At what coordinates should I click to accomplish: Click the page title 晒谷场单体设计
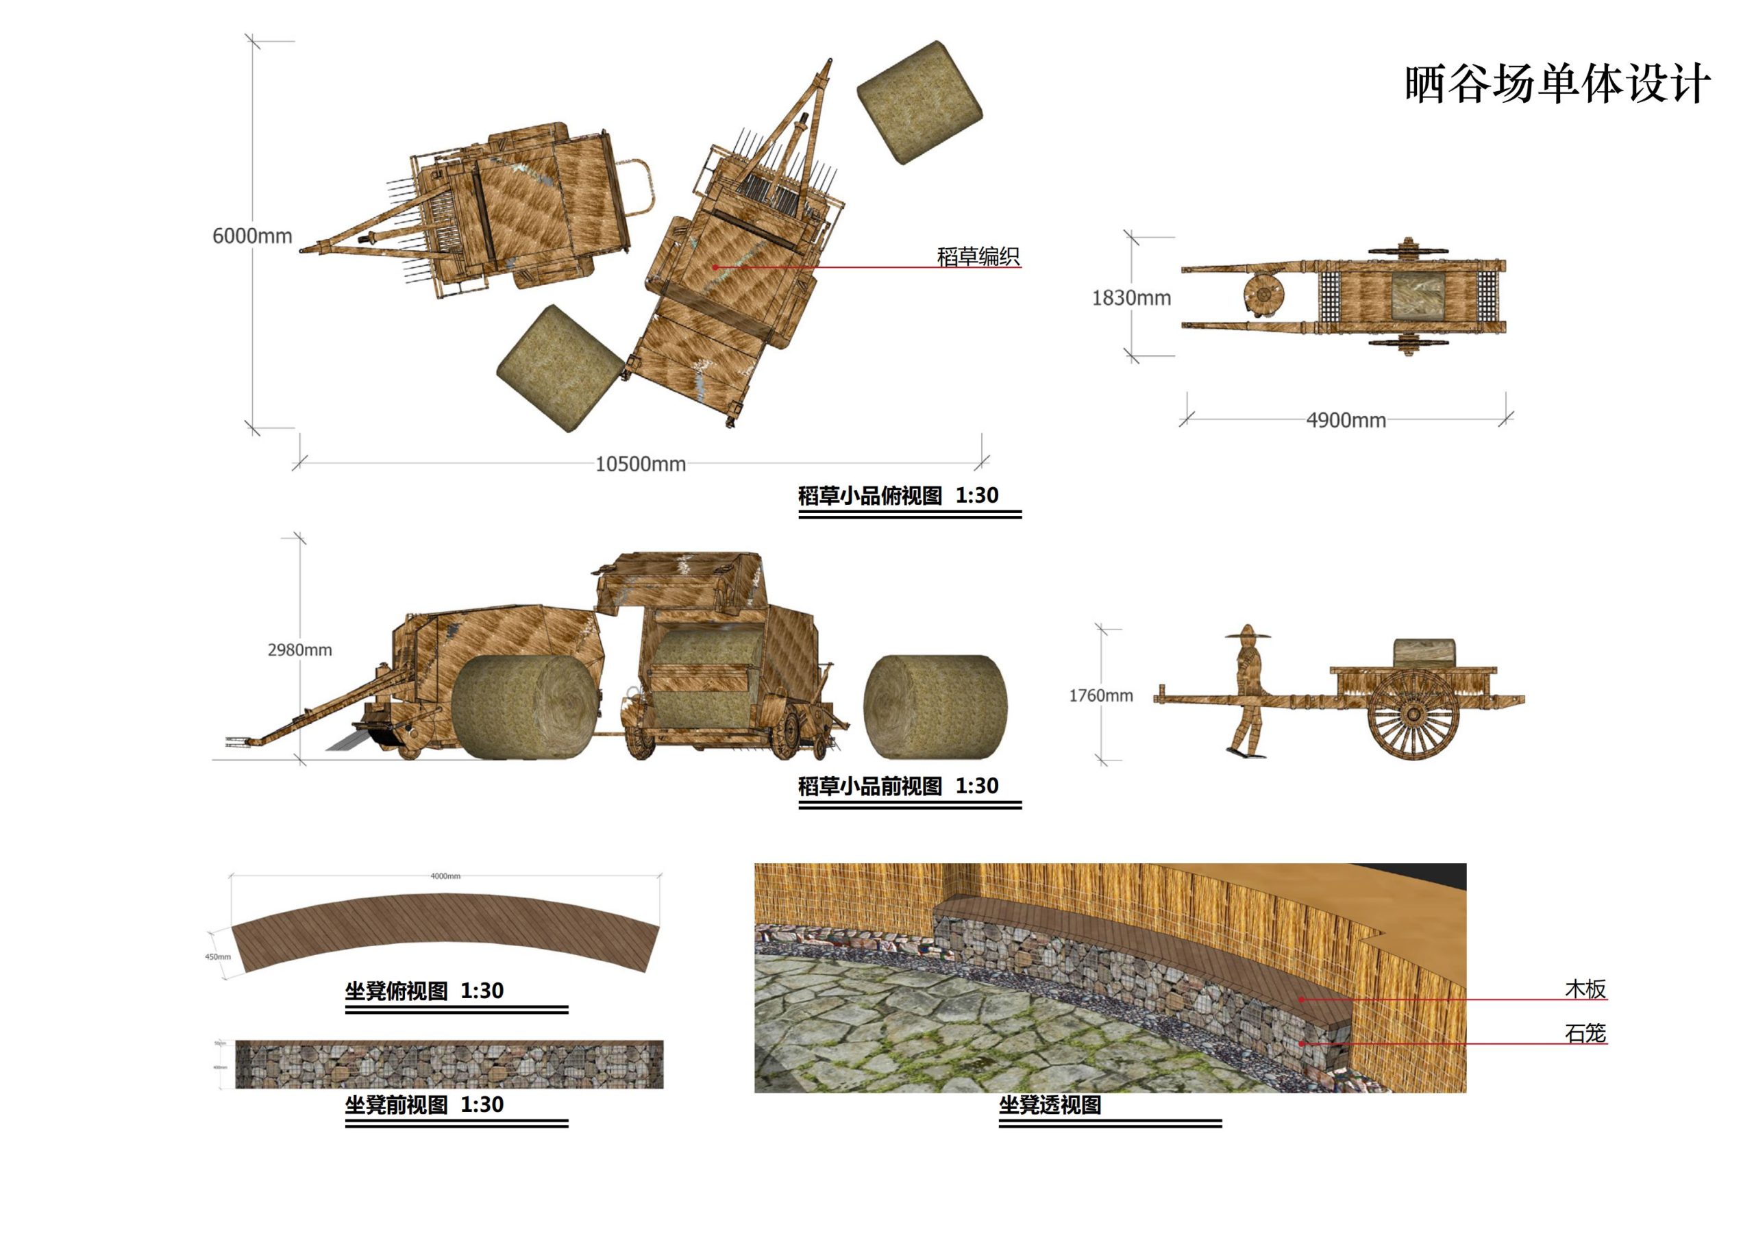(x=1556, y=84)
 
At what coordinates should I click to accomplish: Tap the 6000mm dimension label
(x=252, y=236)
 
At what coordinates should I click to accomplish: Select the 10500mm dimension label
(x=640, y=464)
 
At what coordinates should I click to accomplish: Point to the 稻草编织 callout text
(x=978, y=257)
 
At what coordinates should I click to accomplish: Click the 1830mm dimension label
(x=1131, y=298)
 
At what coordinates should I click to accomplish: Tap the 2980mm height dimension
(x=299, y=650)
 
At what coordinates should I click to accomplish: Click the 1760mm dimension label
(x=1100, y=696)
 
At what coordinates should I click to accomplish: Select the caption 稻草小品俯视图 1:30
(x=898, y=496)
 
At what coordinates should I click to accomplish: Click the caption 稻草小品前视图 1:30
(x=898, y=786)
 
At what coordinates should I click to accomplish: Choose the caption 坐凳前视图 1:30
(x=424, y=1105)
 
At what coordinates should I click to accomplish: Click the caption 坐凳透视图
(x=1050, y=1105)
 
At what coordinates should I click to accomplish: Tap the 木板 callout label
(x=1585, y=989)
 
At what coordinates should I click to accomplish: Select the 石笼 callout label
(x=1585, y=1034)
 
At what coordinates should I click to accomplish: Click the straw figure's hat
(x=1248, y=632)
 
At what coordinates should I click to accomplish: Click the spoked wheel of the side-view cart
(x=1413, y=715)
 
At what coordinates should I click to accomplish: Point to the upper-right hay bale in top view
(x=919, y=101)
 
